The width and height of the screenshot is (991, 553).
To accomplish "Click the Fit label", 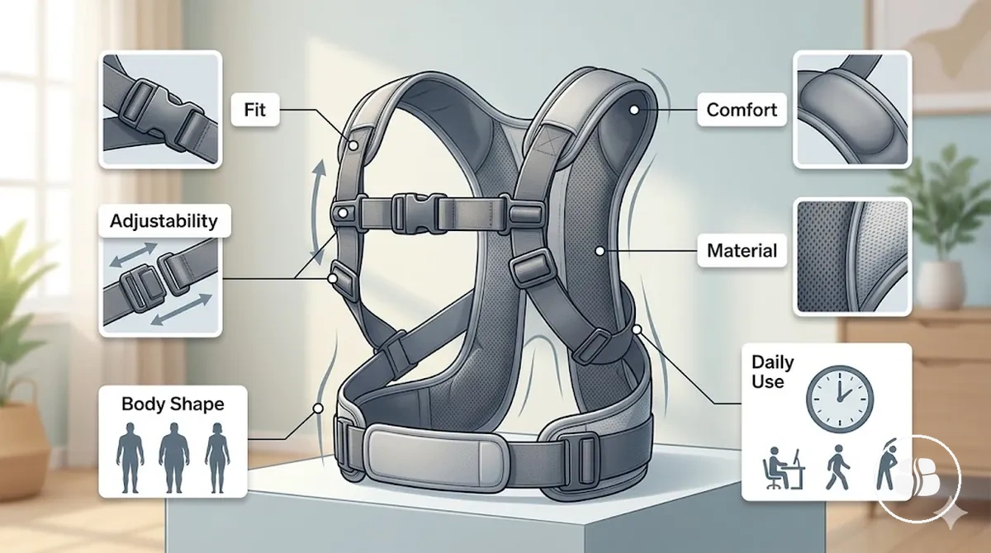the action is (x=255, y=110).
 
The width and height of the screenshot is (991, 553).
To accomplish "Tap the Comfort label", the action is (x=742, y=110).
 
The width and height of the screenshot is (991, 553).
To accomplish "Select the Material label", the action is (x=742, y=251).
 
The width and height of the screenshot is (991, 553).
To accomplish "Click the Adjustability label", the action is (x=164, y=220).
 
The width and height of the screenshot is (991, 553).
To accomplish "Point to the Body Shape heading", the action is (x=173, y=404).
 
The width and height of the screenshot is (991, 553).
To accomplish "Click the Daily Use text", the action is (x=772, y=371).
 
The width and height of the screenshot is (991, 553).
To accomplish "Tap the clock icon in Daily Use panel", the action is (x=840, y=399).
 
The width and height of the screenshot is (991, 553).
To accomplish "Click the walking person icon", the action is (x=837, y=468).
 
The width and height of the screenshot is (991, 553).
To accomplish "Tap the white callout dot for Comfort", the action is (x=634, y=110).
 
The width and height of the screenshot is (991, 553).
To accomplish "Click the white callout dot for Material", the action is (x=600, y=251).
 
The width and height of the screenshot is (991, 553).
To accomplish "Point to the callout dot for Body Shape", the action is (x=318, y=409).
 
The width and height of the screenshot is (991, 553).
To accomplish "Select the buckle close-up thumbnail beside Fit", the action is (x=160, y=109).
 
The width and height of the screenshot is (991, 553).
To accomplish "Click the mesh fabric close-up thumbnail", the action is (x=852, y=257).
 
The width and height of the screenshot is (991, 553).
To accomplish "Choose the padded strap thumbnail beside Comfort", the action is (x=852, y=109).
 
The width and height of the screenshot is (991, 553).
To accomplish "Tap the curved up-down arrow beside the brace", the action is (x=318, y=213).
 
